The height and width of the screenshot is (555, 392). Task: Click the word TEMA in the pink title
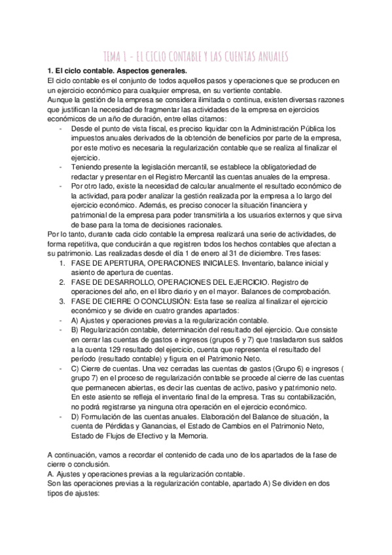tap(116, 56)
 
